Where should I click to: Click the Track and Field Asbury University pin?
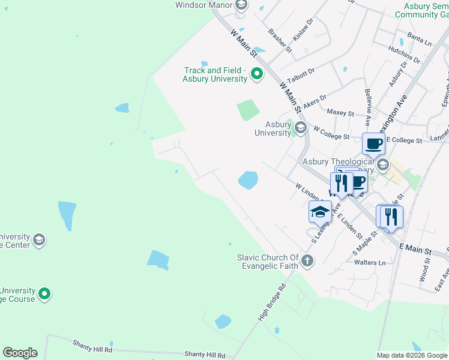click(x=257, y=75)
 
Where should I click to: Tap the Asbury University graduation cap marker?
click(x=300, y=127)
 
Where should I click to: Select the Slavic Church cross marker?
click(x=307, y=260)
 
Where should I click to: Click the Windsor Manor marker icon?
click(x=241, y=5)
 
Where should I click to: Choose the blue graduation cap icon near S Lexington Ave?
click(x=320, y=212)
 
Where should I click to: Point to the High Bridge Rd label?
click(x=273, y=298)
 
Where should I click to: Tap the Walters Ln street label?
click(x=370, y=263)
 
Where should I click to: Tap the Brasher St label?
click(x=280, y=41)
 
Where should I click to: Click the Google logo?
click(x=20, y=353)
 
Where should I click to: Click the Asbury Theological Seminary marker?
click(x=382, y=164)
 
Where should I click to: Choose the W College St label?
click(x=331, y=133)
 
